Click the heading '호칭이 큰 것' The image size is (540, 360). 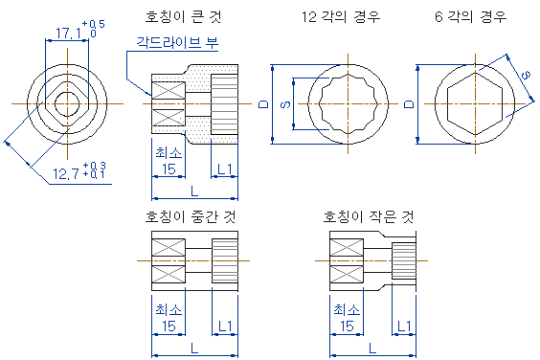point(183,17)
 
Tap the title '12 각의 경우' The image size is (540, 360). point(341,17)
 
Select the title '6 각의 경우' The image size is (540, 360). point(470,17)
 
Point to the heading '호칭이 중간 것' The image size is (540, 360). point(191,216)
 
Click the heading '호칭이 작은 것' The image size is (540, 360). point(369,216)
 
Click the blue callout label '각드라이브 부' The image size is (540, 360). point(177,43)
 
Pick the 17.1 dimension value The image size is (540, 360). point(69,34)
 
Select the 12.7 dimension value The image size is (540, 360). point(66,174)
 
